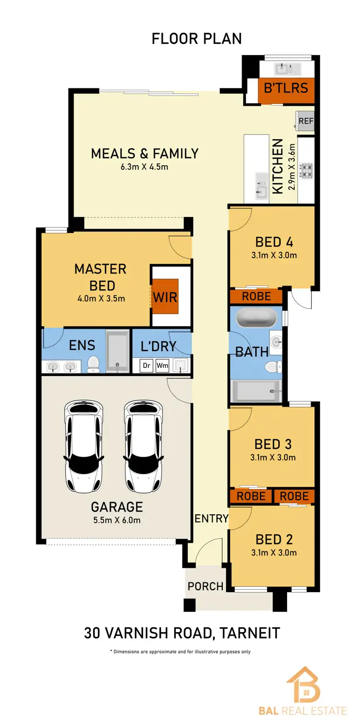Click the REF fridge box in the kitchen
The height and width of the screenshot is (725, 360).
(x=306, y=121)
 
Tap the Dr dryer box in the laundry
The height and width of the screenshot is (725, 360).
(x=146, y=366)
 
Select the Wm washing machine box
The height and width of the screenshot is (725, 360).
(x=162, y=366)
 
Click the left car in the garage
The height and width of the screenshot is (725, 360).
(x=84, y=446)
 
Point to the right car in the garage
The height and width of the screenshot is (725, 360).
(x=143, y=446)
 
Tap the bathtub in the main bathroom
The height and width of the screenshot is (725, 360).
(x=256, y=319)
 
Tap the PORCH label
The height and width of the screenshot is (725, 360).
(x=206, y=586)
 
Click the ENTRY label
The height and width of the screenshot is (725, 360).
(x=211, y=519)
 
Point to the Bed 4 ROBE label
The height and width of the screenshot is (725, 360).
(x=256, y=296)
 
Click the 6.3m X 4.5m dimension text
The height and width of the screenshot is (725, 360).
(x=144, y=167)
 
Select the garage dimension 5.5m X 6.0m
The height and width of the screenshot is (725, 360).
(x=117, y=520)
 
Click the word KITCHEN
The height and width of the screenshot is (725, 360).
(x=278, y=166)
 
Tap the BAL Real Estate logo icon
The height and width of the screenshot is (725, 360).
(x=303, y=685)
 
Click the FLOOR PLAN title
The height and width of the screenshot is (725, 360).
(x=197, y=39)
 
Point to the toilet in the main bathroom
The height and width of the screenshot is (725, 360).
(x=274, y=367)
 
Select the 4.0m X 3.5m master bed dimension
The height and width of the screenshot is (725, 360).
(x=101, y=298)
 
